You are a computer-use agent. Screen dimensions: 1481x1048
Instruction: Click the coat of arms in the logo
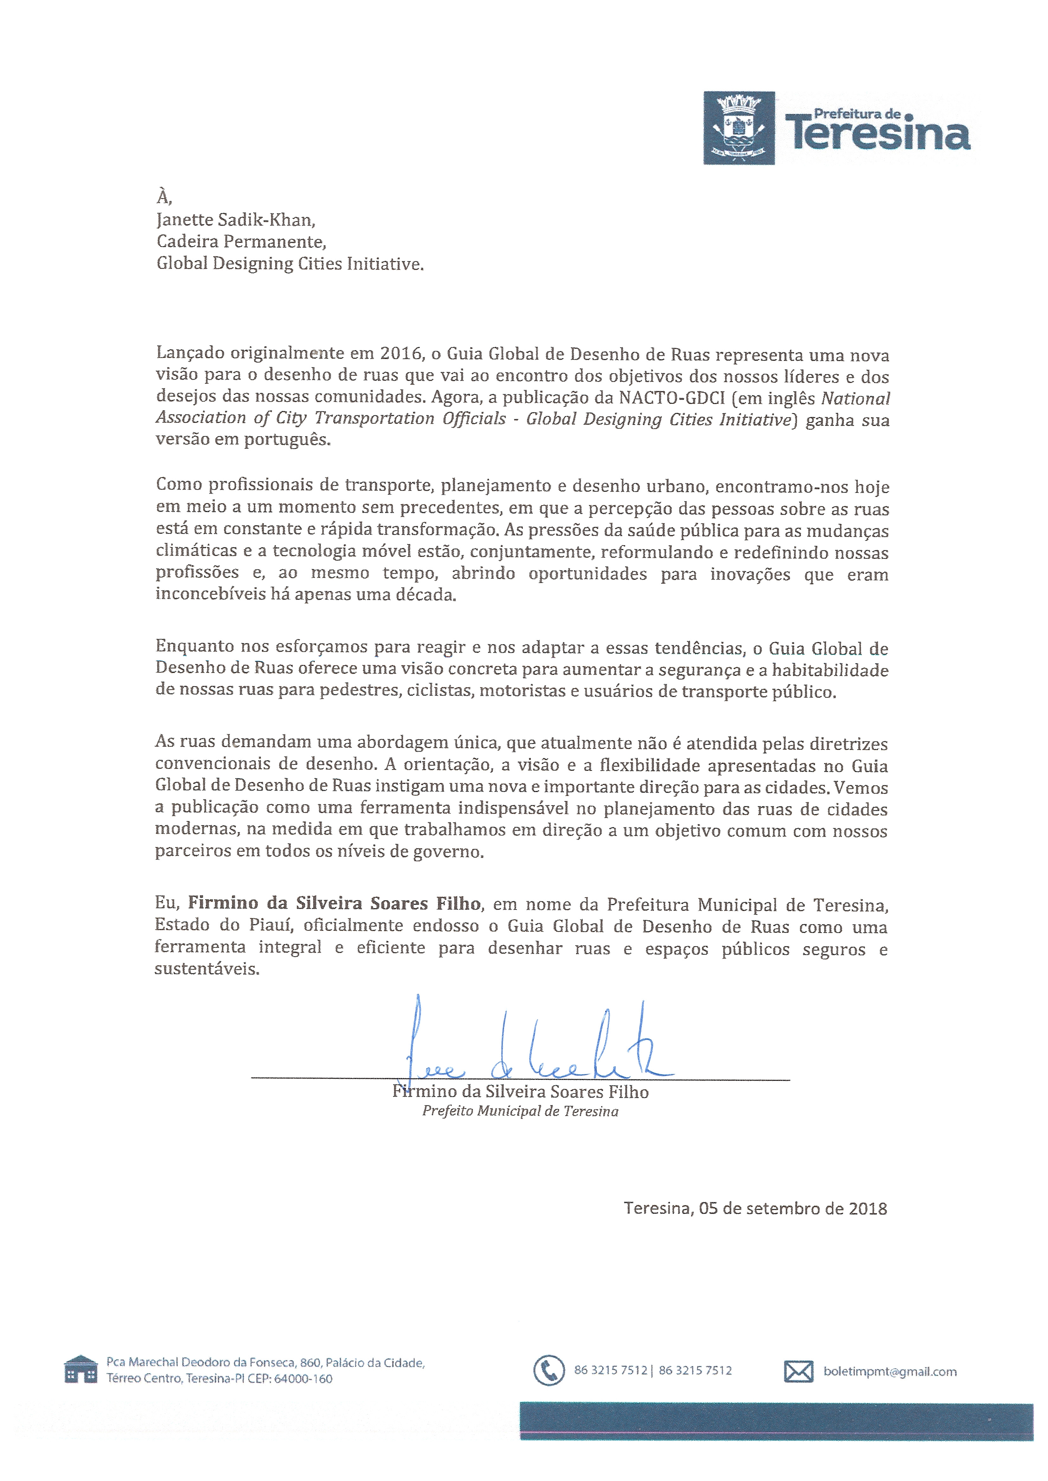click(739, 128)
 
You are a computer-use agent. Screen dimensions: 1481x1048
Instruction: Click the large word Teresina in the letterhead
click(878, 134)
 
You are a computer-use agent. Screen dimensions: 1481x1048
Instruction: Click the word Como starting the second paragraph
click(177, 484)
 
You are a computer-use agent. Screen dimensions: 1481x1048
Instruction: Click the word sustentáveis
click(207, 969)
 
